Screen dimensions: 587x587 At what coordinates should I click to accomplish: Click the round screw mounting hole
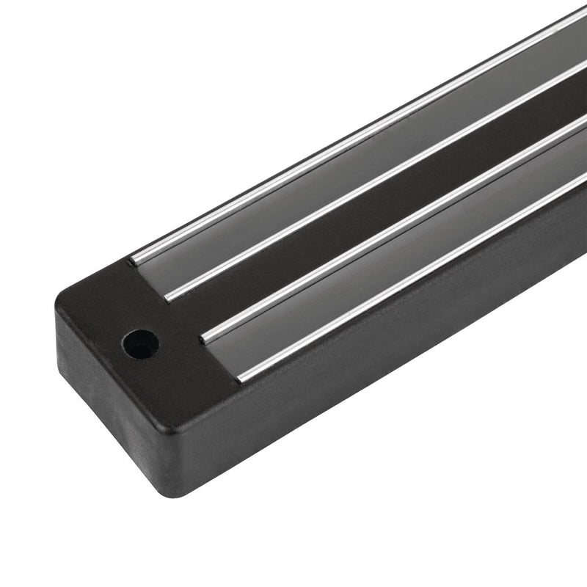[140, 343]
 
